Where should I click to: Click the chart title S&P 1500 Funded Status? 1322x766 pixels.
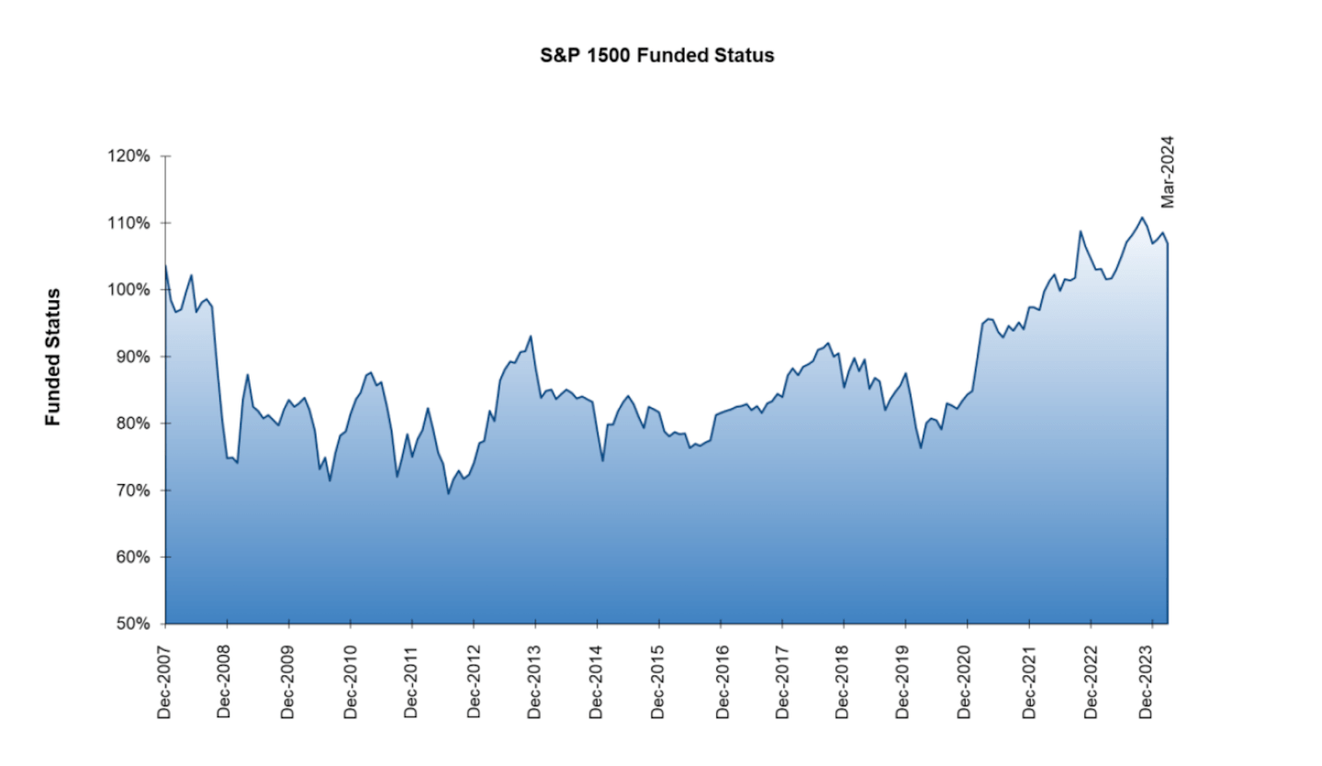point(657,55)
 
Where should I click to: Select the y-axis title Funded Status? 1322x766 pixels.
point(53,356)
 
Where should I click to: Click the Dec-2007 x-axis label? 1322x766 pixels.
point(165,680)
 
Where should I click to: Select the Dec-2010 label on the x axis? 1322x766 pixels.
point(350,680)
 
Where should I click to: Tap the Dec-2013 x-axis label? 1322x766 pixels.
point(535,680)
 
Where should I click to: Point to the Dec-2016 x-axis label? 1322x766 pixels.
point(721,680)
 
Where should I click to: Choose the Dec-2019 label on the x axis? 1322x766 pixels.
point(905,680)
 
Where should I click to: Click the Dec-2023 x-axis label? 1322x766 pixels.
point(1152,680)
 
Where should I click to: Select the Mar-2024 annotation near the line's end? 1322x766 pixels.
point(1168,173)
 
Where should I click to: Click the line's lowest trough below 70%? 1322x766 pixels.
point(448,493)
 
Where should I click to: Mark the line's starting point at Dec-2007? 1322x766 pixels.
point(165,265)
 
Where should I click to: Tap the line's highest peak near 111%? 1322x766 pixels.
point(1142,218)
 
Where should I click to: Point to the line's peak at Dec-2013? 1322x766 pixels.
point(531,336)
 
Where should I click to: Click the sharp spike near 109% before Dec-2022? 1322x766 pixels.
point(1081,231)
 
